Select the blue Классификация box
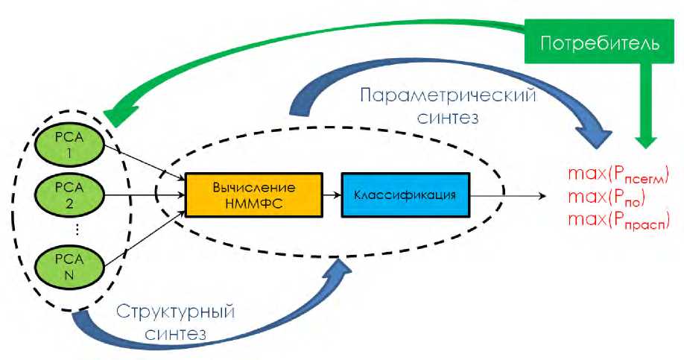tap(406, 195)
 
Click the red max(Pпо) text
tap(607, 199)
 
